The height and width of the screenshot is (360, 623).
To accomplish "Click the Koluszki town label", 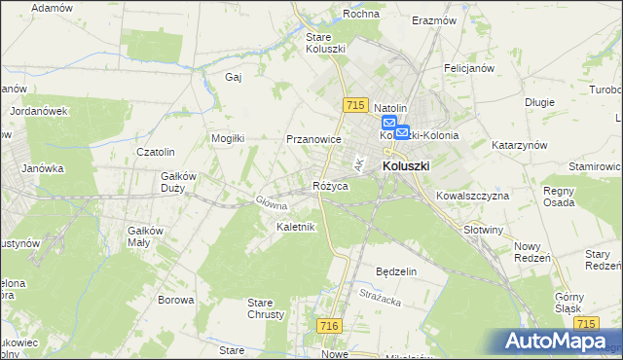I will click(x=406, y=166).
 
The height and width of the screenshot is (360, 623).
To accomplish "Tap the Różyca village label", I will click(x=330, y=185).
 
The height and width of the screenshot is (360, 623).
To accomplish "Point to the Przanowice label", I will click(x=313, y=139).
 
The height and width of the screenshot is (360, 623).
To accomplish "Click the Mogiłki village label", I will click(x=228, y=138).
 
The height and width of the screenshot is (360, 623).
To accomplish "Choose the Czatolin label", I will click(x=155, y=152).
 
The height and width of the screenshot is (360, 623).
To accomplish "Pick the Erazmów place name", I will click(x=434, y=20).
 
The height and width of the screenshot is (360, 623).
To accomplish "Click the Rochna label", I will click(x=360, y=14).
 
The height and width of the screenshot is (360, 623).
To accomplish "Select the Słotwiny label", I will click(x=484, y=230).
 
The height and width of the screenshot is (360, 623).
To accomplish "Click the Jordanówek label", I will click(x=38, y=111).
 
